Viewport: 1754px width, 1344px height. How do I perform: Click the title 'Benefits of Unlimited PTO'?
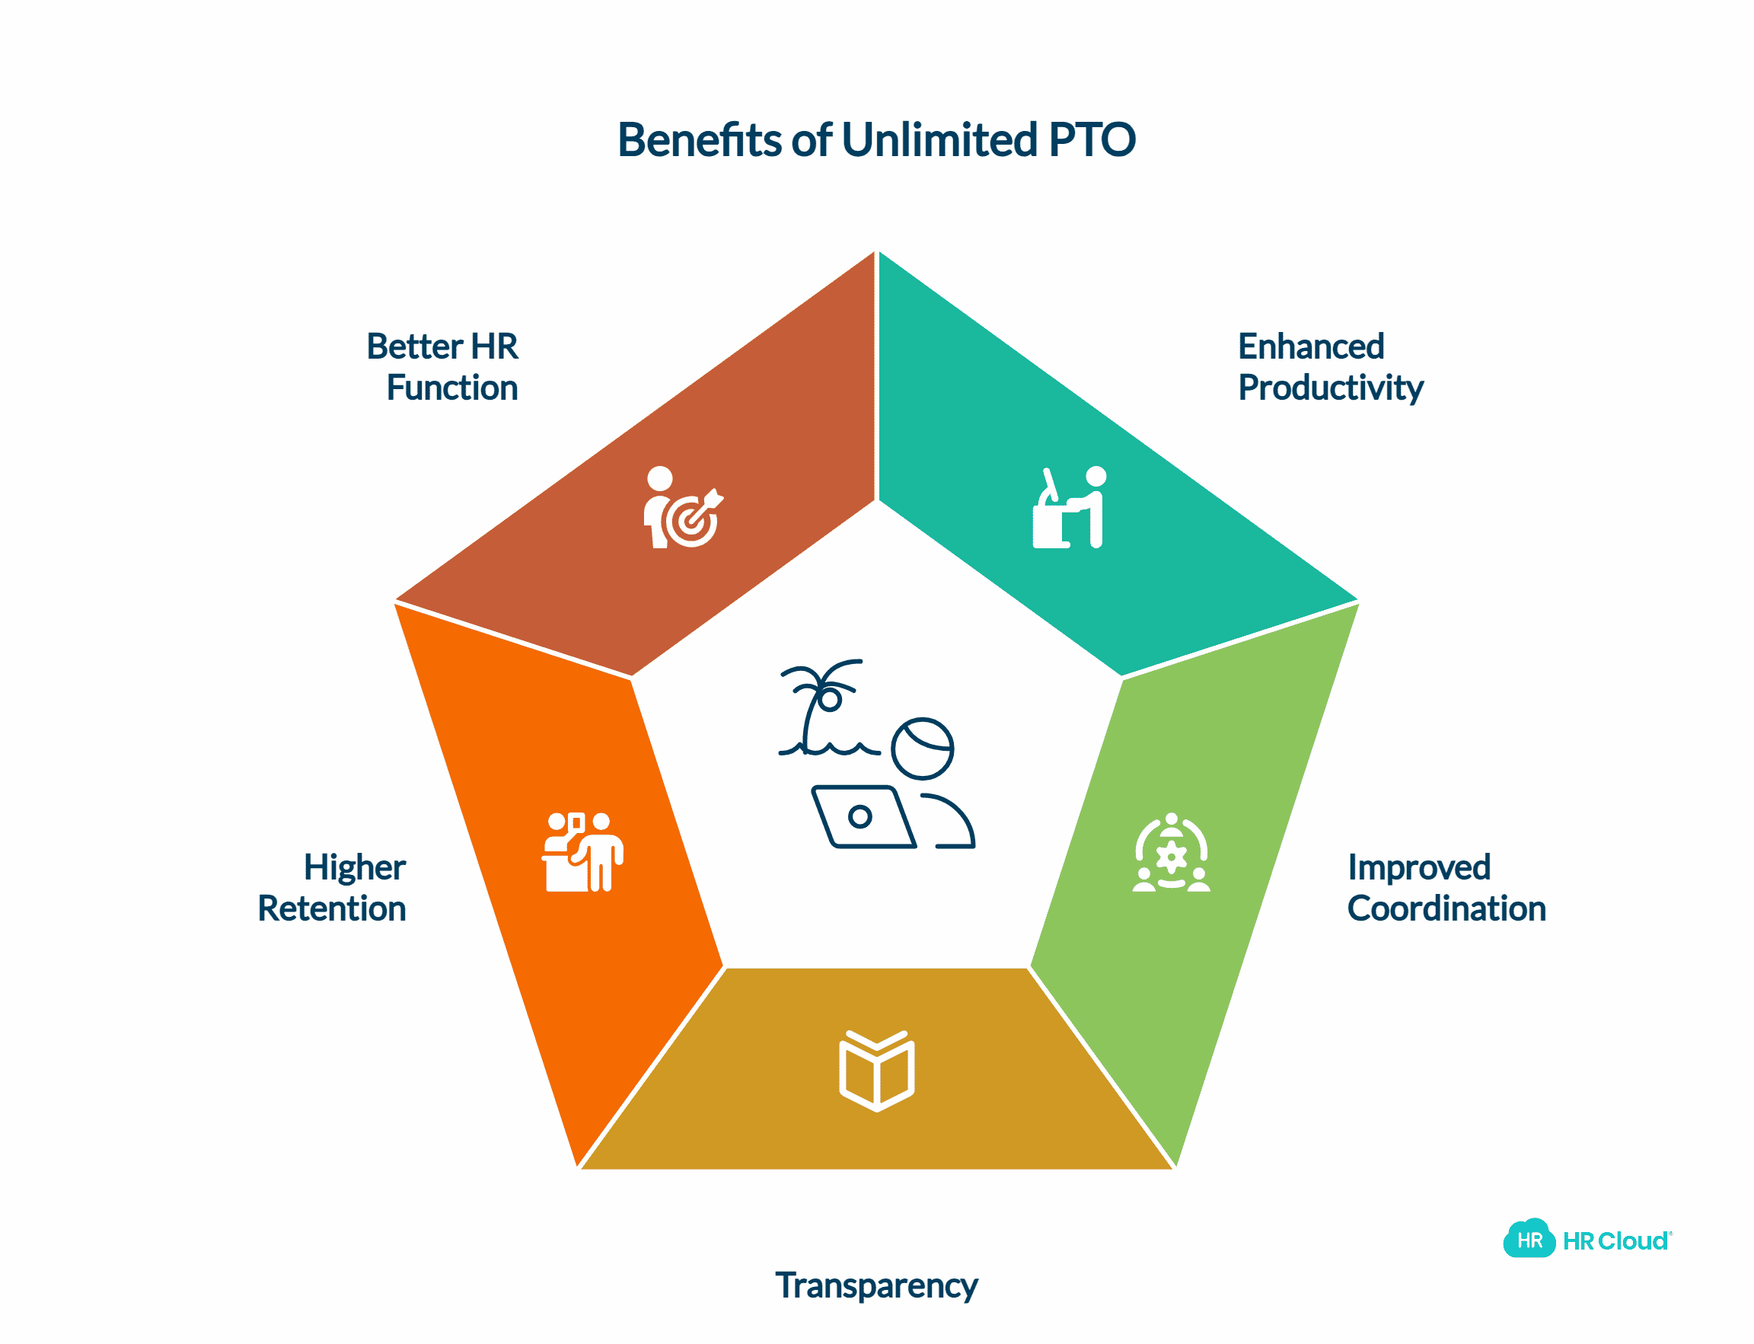(876, 140)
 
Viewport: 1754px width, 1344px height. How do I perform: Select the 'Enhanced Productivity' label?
(1330, 367)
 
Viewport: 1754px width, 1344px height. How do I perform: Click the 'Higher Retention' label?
(332, 888)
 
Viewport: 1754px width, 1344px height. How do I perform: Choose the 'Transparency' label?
(876, 1285)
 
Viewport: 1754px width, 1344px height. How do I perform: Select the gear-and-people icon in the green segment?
(1171, 853)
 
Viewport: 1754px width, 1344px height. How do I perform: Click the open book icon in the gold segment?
(876, 1071)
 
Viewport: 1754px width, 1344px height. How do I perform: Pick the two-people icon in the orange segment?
(582, 853)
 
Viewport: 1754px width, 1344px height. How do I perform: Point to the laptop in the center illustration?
(863, 817)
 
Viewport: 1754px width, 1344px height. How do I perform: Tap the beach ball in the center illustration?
(922, 749)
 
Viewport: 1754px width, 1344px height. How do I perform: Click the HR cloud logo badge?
(1529, 1240)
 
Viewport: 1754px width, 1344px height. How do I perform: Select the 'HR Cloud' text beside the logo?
(1615, 1240)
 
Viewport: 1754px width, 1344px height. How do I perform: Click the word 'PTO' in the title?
(1092, 140)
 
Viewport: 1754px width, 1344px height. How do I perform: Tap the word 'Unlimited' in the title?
(939, 140)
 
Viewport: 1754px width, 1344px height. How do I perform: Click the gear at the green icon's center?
(1171, 857)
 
